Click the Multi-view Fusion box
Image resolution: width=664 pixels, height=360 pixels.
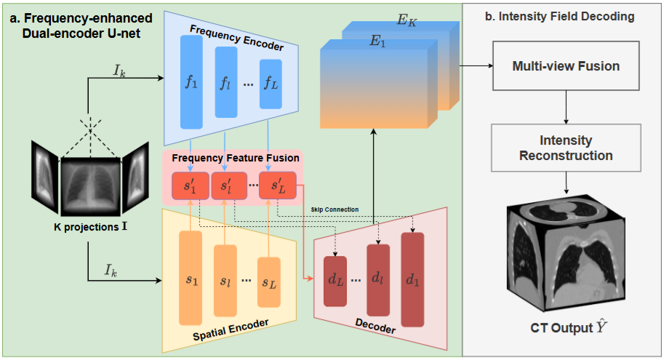pyautogui.click(x=566, y=66)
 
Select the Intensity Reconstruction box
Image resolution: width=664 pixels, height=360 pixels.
pyautogui.click(x=566, y=147)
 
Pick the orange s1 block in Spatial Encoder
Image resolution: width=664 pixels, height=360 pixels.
pyautogui.click(x=191, y=279)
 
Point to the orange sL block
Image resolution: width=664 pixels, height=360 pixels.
pyautogui.click(x=269, y=281)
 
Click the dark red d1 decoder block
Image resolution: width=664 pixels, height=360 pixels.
pyautogui.click(x=412, y=279)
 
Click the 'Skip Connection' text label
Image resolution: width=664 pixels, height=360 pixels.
pyautogui.click(x=335, y=209)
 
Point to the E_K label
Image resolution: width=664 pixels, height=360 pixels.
pyautogui.click(x=407, y=21)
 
